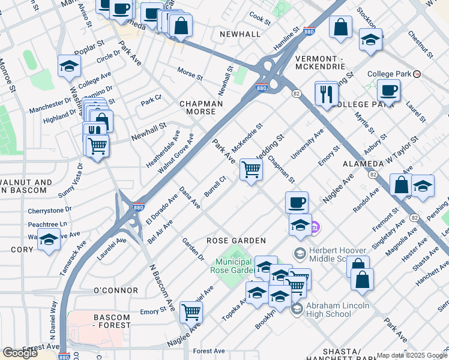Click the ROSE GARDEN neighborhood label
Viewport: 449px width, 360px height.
(236, 241)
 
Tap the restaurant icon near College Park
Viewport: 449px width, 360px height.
(327, 95)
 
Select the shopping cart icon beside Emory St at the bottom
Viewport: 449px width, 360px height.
(191, 311)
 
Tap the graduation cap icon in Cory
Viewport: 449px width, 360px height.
(49, 239)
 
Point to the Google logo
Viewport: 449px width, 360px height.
(20, 352)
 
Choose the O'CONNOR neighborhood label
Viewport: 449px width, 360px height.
(116, 290)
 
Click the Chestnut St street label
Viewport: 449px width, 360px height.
(420, 45)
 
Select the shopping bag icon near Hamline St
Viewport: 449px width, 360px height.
(340, 27)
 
